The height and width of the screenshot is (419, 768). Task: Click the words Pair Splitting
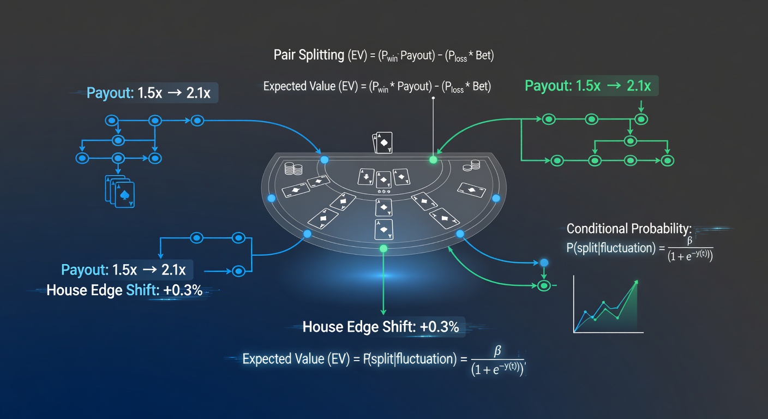click(x=309, y=55)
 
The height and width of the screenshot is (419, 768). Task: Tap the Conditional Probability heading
click(x=629, y=229)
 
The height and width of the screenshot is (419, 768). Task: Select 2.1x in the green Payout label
click(x=638, y=86)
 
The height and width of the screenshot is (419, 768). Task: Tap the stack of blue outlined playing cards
click(x=119, y=191)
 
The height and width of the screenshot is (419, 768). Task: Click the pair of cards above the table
click(x=382, y=142)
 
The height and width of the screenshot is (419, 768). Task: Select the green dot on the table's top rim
click(x=434, y=160)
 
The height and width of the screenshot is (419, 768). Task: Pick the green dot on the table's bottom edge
click(x=383, y=249)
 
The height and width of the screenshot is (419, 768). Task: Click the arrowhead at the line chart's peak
click(x=636, y=283)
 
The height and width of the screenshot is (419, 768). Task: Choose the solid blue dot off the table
click(x=544, y=263)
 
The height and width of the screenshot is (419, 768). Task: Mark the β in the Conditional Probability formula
click(x=689, y=241)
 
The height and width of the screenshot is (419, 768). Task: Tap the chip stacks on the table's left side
click(x=293, y=169)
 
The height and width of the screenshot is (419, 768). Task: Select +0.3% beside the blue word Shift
click(x=183, y=290)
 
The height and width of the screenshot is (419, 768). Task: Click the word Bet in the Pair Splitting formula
click(x=484, y=55)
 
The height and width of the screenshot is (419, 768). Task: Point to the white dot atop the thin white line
click(x=434, y=98)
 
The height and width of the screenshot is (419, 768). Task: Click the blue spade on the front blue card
click(x=125, y=195)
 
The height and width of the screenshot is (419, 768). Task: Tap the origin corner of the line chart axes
click(x=574, y=332)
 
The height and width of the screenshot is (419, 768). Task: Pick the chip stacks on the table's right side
click(x=471, y=166)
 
